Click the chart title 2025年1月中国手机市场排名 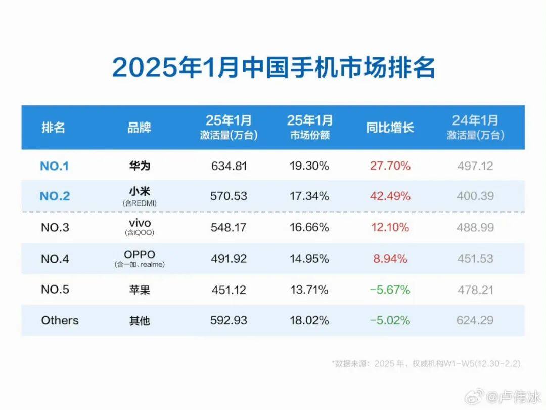tap(273, 67)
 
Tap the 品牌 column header tap(139, 127)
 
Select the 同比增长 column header tap(390, 127)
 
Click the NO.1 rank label tap(55, 166)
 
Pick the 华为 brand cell tap(139, 166)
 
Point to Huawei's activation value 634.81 tap(229, 166)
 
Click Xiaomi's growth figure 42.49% tap(390, 196)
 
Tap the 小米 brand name tap(139, 192)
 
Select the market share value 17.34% tap(308, 196)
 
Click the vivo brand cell tap(139, 224)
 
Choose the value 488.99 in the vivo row tap(475, 227)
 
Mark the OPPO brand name tap(139, 254)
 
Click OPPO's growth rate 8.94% tap(390, 259)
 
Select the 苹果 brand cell tap(139, 290)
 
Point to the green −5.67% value tap(390, 290)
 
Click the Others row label tap(60, 320)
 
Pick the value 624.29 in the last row tap(475, 320)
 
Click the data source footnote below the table tap(426, 363)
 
